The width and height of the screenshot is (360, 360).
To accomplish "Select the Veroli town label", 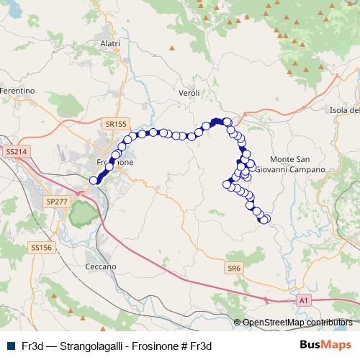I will pos(188,94).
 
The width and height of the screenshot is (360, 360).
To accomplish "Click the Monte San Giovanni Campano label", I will pos(296,164).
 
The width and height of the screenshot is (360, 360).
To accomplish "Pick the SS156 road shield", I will pos(41,247).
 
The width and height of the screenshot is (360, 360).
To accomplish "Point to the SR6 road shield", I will pos(233,269).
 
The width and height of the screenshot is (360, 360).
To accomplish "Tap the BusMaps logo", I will pos(325,345).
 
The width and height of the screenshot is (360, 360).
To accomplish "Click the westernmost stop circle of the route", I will pos(93,181).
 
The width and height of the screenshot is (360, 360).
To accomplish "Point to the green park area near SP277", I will pos(81,212).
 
